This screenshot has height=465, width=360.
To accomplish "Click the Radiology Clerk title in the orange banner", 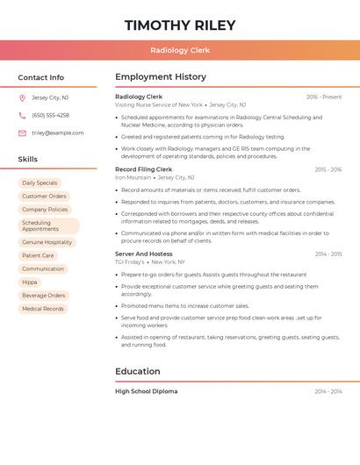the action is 180,50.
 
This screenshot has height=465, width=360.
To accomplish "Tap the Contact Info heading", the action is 41,77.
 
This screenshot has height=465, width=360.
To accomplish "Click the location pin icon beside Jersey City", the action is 22,97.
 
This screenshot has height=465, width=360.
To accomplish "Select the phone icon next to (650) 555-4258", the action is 22,115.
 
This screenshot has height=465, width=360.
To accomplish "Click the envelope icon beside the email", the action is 22,133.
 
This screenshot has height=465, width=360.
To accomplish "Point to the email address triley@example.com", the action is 58,133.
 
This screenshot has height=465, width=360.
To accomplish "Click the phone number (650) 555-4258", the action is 50,115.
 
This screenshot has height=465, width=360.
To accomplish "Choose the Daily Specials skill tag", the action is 40,182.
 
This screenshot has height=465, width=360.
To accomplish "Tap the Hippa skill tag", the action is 30,282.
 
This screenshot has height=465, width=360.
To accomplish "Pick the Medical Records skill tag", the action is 43,309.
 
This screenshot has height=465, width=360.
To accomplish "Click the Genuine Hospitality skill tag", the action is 47,242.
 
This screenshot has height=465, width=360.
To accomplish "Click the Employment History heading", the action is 161,77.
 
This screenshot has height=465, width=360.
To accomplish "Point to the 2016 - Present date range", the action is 324,97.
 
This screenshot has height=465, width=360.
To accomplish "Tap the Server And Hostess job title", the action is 144,254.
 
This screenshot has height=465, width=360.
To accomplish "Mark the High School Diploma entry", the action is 146,391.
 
